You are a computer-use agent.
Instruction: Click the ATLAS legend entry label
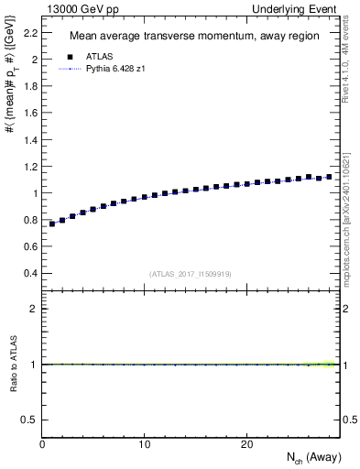pos(98,58)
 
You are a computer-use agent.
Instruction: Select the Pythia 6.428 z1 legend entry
pos(116,69)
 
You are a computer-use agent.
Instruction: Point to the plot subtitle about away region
pos(181,37)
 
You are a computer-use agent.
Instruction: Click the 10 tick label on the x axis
pos(145,444)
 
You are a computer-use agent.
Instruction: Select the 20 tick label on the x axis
pos(246,444)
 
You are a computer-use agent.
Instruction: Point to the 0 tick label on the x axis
pos(42,444)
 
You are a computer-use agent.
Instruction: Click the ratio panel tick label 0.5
pos(29,420)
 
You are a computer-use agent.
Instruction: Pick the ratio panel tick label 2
pos(33,309)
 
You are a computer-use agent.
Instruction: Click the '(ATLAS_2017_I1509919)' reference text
pos(190,274)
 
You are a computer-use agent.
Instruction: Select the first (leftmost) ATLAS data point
pos(53,224)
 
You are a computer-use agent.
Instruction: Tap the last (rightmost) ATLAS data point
pos(329,177)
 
